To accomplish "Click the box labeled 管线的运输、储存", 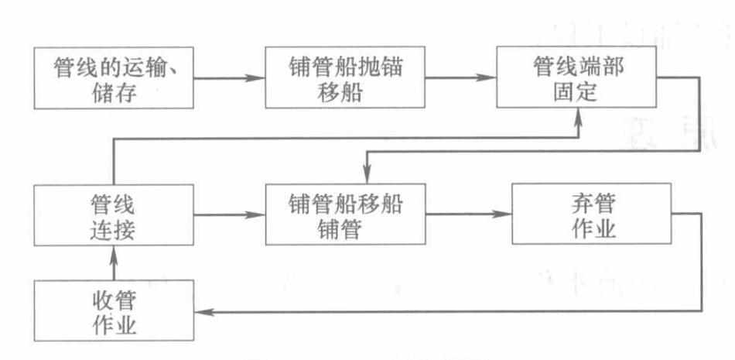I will [x=113, y=78].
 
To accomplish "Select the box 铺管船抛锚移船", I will [x=346, y=78].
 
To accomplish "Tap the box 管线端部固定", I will [x=579, y=78].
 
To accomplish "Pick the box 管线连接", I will [x=113, y=218].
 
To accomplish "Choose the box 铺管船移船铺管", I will [x=346, y=218].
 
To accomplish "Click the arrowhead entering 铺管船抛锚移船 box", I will [x=258, y=78].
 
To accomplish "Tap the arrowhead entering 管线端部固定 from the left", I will [x=489, y=78].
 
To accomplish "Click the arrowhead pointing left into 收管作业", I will [x=203, y=311].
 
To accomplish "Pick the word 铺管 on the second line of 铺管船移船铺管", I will [x=346, y=231].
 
